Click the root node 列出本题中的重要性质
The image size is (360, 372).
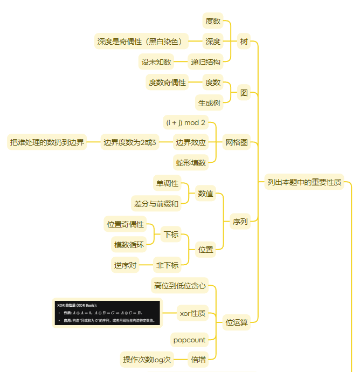pyautogui.click(x=304, y=182)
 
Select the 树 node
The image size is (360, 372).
pyautogui.click(x=244, y=42)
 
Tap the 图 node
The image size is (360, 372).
pyautogui.click(x=244, y=93)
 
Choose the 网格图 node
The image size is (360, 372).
pyautogui.click(x=237, y=142)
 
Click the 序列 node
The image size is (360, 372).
pyautogui.click(x=240, y=221)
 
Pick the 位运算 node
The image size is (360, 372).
pyautogui.click(x=237, y=322)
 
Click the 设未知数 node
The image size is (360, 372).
pyautogui.click(x=156, y=62)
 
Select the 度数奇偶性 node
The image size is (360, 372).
pyautogui.click(x=167, y=82)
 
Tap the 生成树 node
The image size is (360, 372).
pyautogui.click(x=209, y=103)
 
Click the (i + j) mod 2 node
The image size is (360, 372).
pyautogui.click(x=185, y=122)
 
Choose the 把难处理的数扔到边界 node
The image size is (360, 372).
pyautogui.click(x=47, y=142)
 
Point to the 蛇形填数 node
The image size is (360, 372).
pyautogui.click(x=191, y=162)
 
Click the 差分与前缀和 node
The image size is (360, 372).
pyautogui.click(x=155, y=203)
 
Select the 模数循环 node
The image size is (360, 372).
pyautogui.click(x=129, y=245)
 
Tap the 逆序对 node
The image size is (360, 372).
pyautogui.click(x=125, y=265)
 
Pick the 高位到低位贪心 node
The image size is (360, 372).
pyautogui.click(x=179, y=285)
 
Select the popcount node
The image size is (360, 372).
pyautogui.click(x=189, y=340)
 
